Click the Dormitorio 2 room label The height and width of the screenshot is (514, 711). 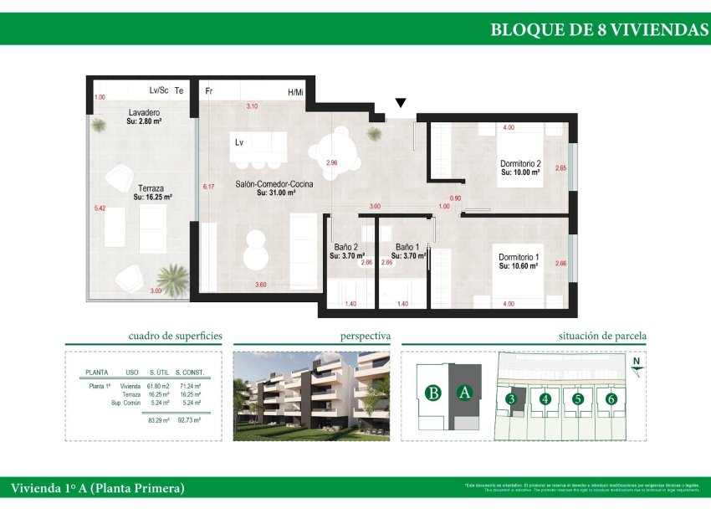520,163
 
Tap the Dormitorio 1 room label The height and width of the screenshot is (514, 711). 519,257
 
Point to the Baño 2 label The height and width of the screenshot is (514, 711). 346,248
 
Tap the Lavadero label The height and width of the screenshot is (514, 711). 144,113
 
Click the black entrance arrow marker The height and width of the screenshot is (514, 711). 401,103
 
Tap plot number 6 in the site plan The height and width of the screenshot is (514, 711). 611,399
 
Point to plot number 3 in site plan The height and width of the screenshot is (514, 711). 511,399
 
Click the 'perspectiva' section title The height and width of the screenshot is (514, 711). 365,336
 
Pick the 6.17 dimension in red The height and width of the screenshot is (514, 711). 208,187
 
